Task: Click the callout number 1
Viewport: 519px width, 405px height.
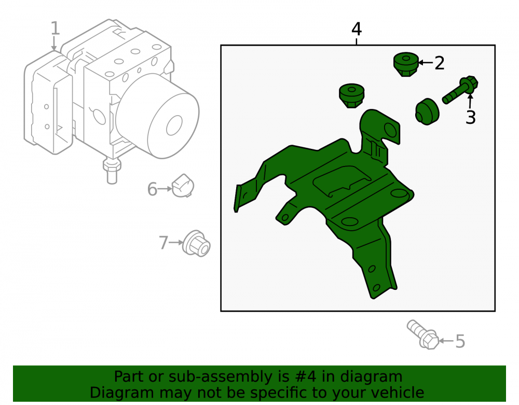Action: (x=56, y=28)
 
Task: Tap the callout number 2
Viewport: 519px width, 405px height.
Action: (x=439, y=63)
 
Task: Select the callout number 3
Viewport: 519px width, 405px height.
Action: (x=470, y=117)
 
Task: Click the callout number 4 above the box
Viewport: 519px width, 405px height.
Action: (x=356, y=29)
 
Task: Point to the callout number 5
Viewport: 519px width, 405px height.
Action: (x=460, y=341)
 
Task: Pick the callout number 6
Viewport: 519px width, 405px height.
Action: (x=152, y=189)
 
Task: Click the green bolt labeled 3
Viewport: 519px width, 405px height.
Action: (x=460, y=90)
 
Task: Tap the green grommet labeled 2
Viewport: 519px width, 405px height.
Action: (x=406, y=64)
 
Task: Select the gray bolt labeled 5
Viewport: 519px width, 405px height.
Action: (x=422, y=334)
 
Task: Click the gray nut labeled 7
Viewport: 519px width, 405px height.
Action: (x=196, y=243)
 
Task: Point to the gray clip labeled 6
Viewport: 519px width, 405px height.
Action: (x=183, y=186)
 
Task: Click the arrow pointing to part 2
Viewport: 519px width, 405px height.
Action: (x=426, y=62)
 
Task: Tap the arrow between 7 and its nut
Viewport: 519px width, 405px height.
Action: (x=176, y=242)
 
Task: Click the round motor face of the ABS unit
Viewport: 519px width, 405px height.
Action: (x=173, y=125)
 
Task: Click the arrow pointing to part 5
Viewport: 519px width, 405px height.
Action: (x=446, y=341)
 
